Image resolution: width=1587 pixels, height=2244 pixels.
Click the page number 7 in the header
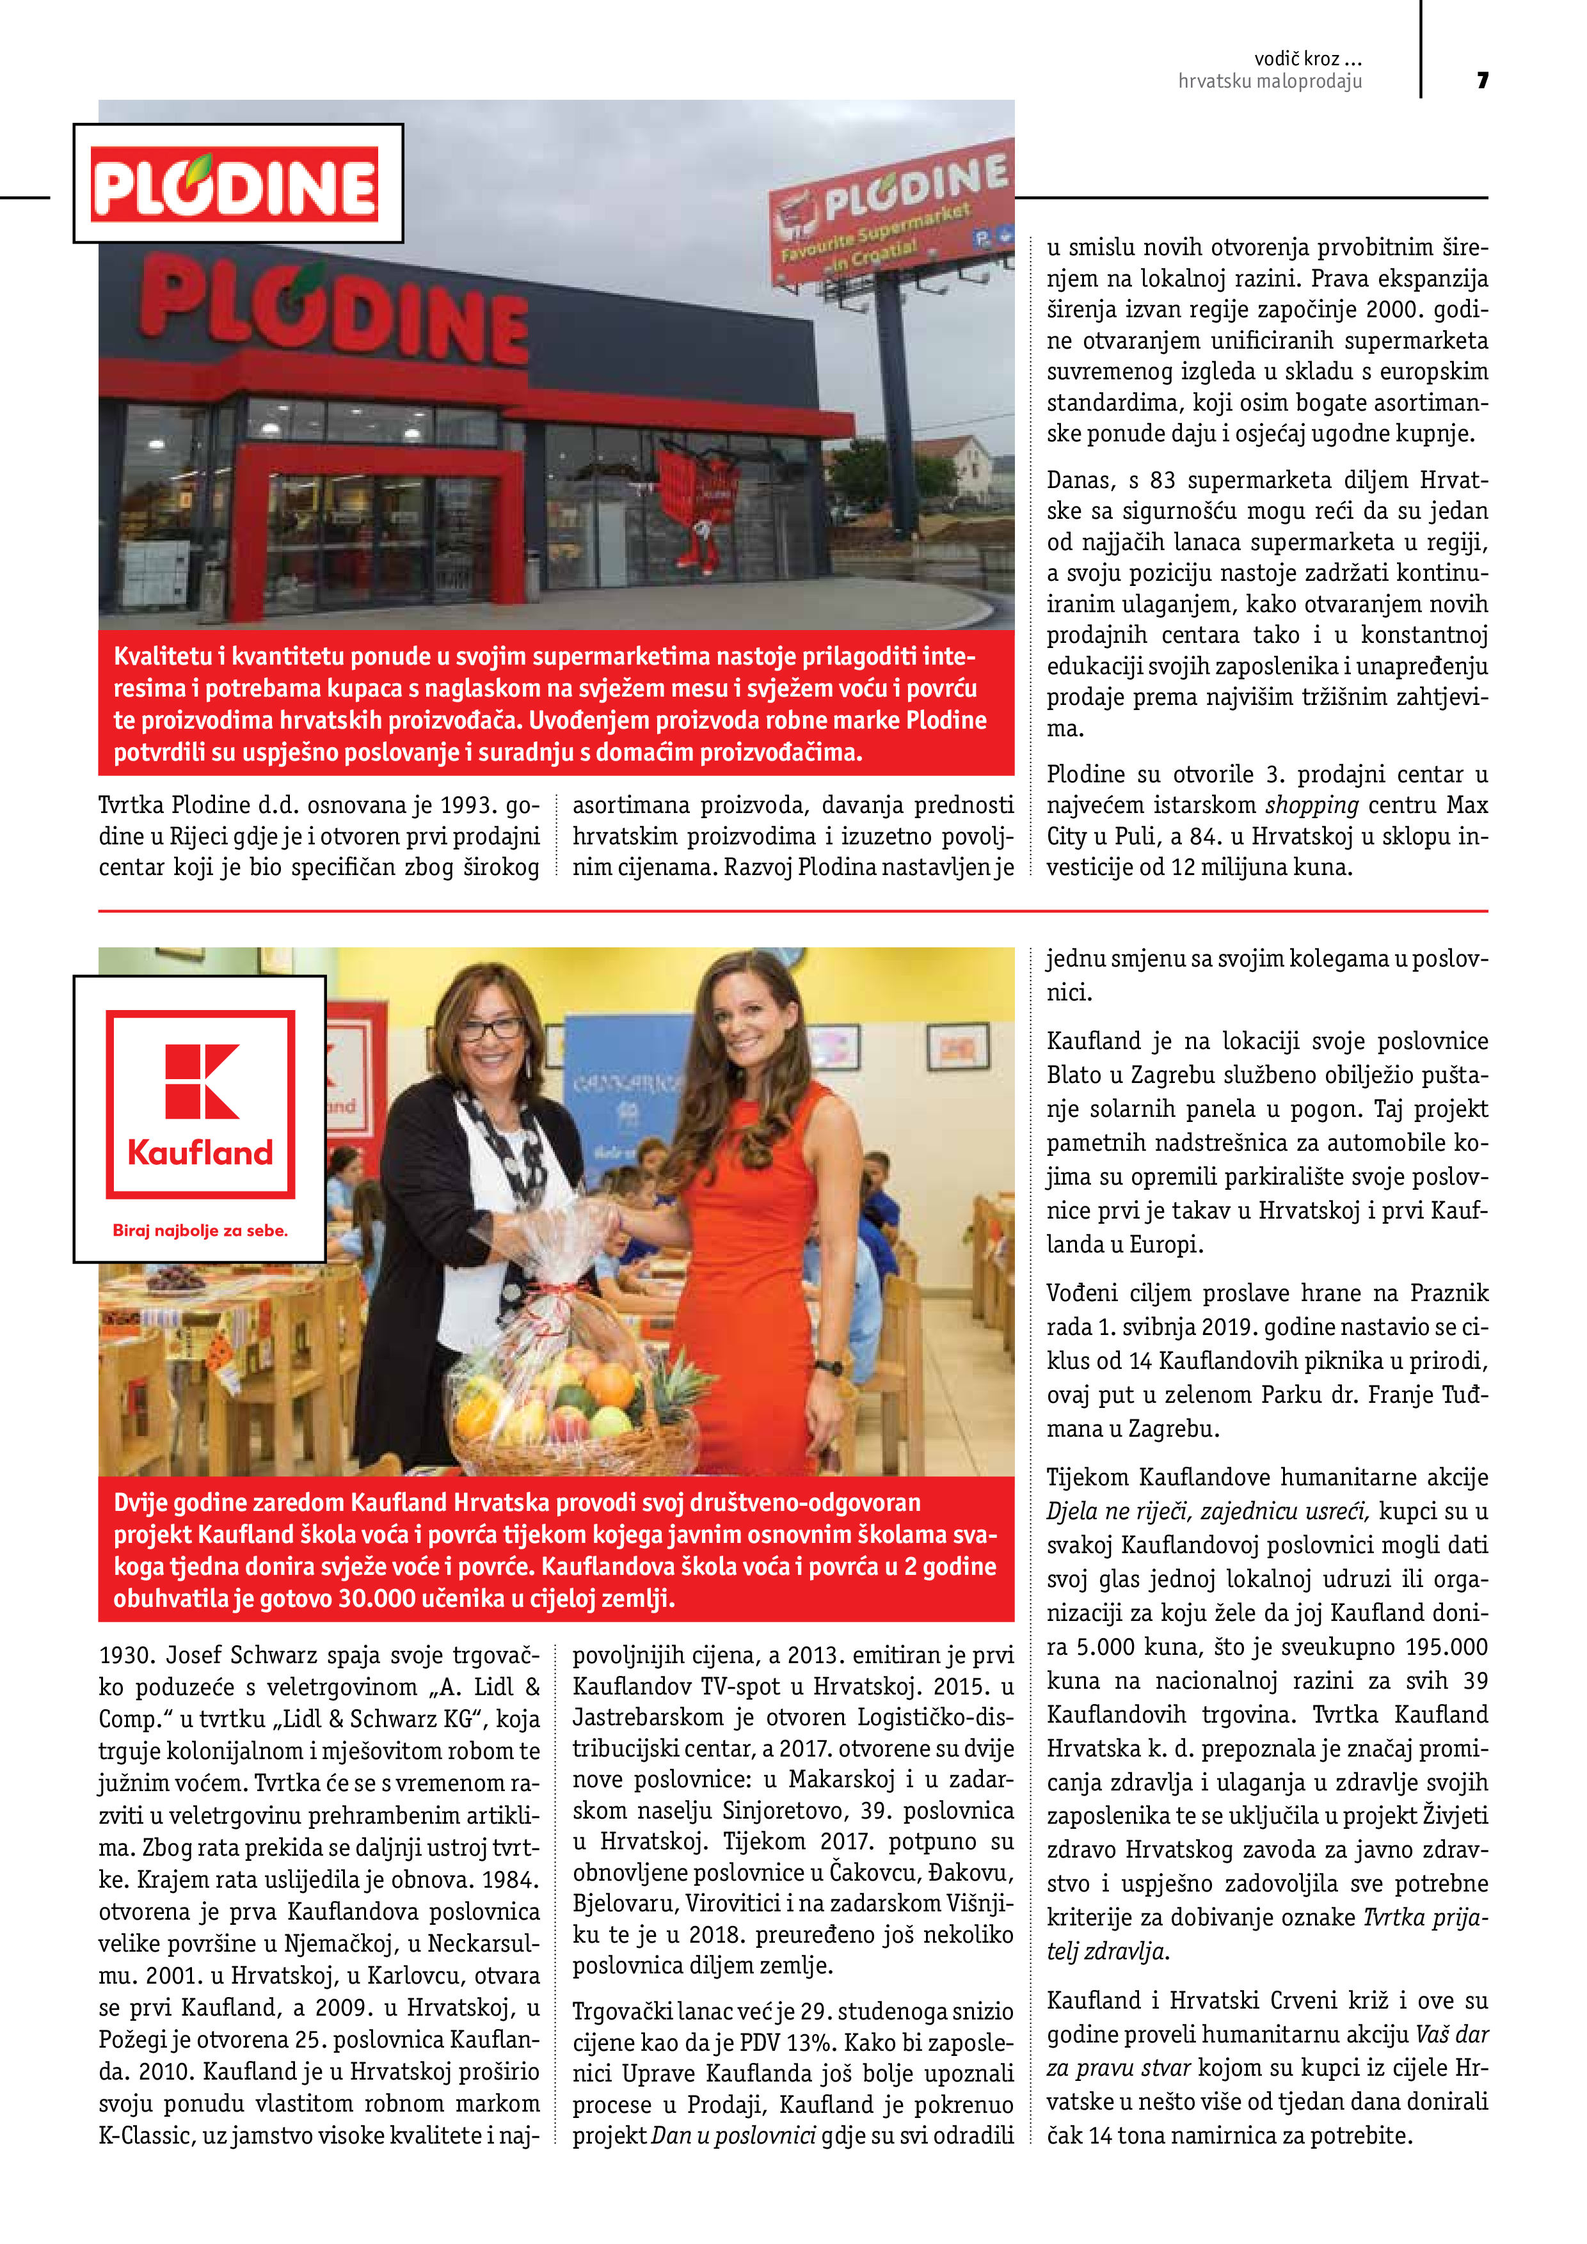(1483, 80)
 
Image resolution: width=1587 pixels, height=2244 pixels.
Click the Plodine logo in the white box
(235, 184)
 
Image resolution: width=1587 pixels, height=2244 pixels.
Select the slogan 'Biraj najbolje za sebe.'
(200, 1231)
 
